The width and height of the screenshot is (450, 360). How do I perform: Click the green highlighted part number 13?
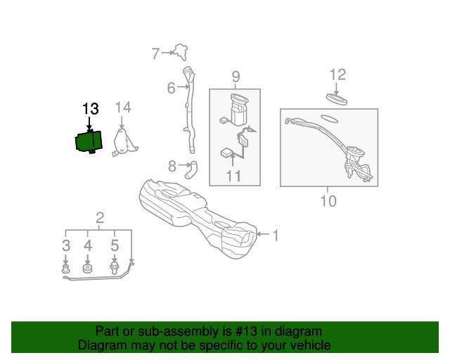click(89, 141)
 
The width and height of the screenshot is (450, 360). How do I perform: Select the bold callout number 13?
click(91, 109)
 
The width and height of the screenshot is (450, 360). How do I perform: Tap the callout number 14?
click(123, 108)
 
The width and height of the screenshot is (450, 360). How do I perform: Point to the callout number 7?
click(155, 53)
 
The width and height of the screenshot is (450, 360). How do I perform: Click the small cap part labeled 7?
click(181, 52)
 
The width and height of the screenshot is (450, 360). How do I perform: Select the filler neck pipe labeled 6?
click(189, 110)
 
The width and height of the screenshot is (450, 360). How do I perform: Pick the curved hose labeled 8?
click(191, 169)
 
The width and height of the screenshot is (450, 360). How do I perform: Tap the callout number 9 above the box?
click(236, 77)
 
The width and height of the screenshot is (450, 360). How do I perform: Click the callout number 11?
click(233, 176)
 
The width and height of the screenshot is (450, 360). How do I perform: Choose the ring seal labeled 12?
click(337, 98)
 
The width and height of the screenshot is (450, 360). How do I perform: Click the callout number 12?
click(337, 75)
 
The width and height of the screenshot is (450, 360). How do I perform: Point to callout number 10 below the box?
click(328, 201)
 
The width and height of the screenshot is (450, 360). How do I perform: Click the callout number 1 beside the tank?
click(276, 236)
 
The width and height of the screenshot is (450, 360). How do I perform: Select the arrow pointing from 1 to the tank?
click(262, 234)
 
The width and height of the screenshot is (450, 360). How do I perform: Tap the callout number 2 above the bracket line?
click(100, 218)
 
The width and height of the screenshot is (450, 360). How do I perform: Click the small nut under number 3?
click(66, 269)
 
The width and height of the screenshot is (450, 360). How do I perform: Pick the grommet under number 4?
click(87, 269)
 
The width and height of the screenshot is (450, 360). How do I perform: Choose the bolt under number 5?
click(114, 268)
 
